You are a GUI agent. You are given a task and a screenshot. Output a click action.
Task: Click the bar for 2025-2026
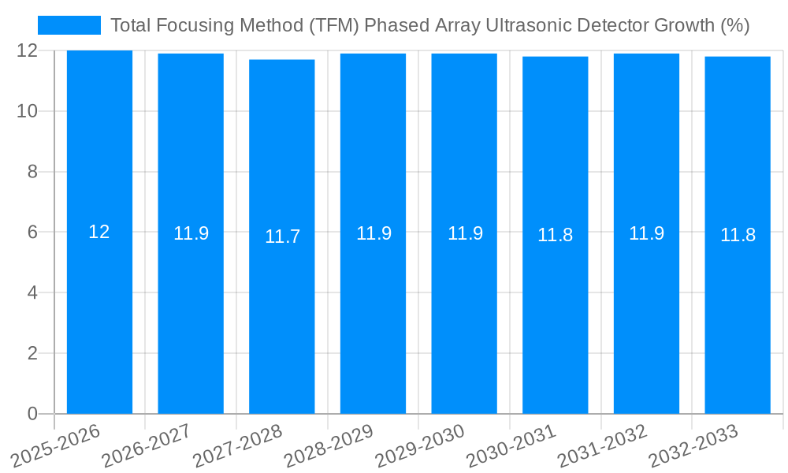pos(99,315)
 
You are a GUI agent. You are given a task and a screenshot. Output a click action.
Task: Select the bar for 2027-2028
pos(282,315)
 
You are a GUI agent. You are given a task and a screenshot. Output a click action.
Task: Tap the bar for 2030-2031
pos(556,315)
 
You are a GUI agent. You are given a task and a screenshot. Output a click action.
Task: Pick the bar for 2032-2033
pos(738,315)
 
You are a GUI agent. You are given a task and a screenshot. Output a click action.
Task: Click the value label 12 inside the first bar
pos(99,232)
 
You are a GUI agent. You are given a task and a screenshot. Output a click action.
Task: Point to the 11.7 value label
pos(282,236)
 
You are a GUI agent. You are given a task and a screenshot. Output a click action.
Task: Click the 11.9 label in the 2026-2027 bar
pos(191,233)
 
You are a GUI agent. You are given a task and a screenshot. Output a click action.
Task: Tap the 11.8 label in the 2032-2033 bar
pos(738,235)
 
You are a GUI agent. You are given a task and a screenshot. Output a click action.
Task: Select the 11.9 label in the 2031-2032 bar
pos(646,233)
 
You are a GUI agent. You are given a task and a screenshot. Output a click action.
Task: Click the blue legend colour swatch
pos(69,25)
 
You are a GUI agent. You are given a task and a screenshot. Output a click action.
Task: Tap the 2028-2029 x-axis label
pos(329,445)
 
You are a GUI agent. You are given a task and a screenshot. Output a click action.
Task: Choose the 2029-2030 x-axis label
pos(420,445)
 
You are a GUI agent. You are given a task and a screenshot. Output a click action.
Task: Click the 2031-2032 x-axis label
pos(602,445)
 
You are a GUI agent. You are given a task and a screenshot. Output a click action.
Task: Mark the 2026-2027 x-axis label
pos(147,445)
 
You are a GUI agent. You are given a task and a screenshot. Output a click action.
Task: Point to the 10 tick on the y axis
pos(28,111)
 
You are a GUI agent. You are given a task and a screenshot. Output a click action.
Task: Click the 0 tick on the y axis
pos(32,414)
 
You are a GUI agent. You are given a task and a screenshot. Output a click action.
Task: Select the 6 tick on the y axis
pos(32,233)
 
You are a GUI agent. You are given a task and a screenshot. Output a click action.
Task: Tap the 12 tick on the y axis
pos(28,51)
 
